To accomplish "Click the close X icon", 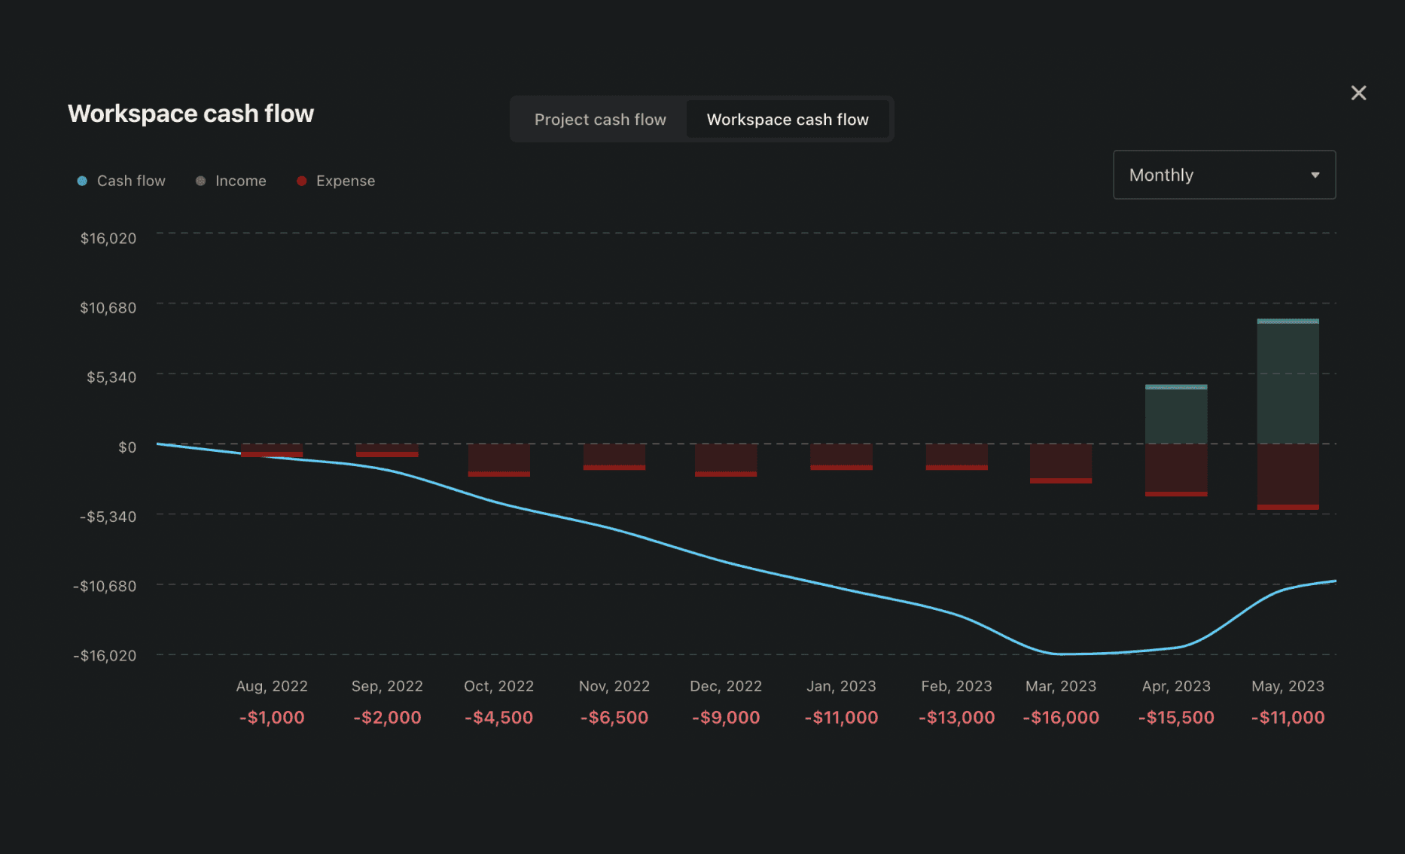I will [x=1358, y=93].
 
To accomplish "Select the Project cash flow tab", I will [x=600, y=120].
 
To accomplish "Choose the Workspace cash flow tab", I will [x=787, y=120].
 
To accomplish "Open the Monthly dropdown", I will [x=1224, y=175].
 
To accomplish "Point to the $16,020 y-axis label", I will [x=108, y=238].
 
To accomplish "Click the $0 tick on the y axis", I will [x=127, y=447].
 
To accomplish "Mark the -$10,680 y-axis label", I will [x=105, y=586].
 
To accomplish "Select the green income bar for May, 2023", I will [x=1288, y=382].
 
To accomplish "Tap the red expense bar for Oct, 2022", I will [x=498, y=459].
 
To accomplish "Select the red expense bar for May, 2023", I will [x=1288, y=476].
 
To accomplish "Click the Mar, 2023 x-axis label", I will [x=1060, y=686].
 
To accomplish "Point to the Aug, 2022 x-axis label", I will [x=272, y=686].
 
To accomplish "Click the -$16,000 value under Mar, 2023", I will [x=1060, y=718].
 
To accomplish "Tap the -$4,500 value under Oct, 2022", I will [x=498, y=718].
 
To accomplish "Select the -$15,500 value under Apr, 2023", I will [x=1176, y=718].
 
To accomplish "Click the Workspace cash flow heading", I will [x=190, y=114].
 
